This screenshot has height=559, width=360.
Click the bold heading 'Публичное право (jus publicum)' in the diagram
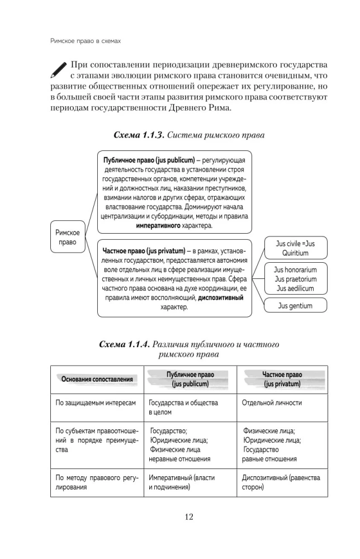click(x=145, y=158)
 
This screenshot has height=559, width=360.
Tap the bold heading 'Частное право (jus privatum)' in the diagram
click(x=144, y=248)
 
